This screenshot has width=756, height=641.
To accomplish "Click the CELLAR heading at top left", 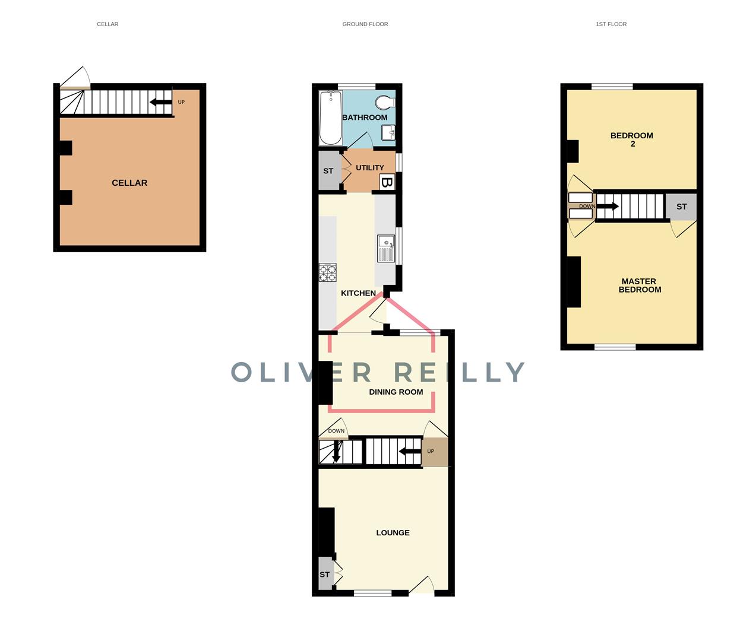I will coord(107,24).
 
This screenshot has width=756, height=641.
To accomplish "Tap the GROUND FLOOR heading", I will coord(365,24).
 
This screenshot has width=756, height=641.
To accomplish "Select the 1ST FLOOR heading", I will coord(611,24).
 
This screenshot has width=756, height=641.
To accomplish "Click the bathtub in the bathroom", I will coord(330,118).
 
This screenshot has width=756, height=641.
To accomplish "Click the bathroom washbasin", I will coord(388,133).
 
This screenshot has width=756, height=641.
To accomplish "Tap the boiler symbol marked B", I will coord(387,182).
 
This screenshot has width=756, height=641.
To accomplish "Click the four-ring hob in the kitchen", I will coord(327,272).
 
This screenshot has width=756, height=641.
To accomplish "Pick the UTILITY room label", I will coord(369,168).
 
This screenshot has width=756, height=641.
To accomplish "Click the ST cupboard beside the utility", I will coord(328,171).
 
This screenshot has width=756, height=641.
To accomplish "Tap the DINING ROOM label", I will coord(396,392).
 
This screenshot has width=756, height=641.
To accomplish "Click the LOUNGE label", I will coord(393,533).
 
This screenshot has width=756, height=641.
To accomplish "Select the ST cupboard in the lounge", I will coord(325,574).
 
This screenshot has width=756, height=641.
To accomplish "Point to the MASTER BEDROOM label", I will coord(640,285).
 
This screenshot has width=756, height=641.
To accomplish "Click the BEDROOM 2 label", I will coord(632,139).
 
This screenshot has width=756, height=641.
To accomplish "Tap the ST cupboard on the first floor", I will coord(681,207).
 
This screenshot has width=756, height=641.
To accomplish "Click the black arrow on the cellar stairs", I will coord(159,102).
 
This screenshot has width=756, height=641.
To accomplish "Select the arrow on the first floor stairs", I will coord(608,207).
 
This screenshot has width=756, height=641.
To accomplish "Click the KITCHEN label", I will coord(358,293).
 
